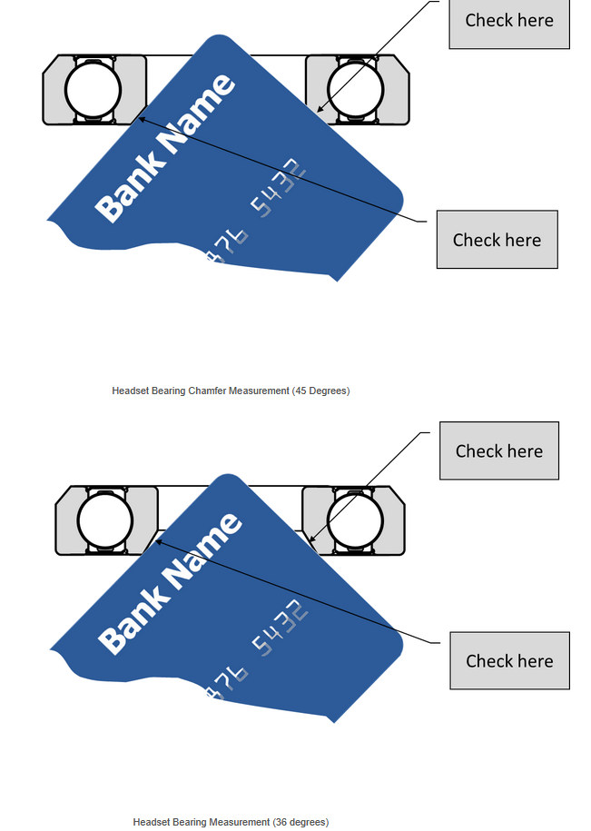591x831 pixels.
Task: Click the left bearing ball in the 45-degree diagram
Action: point(93,89)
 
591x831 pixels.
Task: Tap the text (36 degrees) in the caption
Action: point(300,822)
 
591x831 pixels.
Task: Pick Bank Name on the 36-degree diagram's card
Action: point(169,582)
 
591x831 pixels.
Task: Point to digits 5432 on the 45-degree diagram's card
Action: point(276,189)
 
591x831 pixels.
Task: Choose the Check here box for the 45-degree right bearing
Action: point(509,20)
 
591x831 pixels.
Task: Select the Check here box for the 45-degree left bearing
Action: point(497,240)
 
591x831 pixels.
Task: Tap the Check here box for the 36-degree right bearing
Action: point(499,450)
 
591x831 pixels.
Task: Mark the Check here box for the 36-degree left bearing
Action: point(509,660)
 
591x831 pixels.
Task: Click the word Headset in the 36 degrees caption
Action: point(151,822)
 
